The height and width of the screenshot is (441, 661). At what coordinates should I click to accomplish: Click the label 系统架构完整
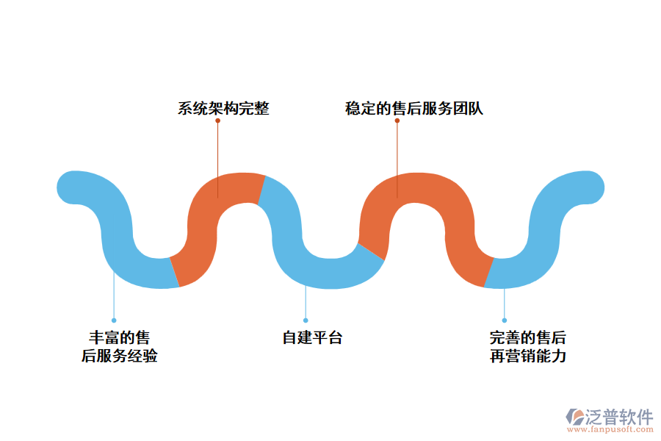click(223, 109)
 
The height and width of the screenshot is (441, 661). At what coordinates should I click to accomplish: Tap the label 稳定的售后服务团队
click(413, 109)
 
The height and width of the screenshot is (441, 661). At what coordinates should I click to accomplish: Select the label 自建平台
click(312, 338)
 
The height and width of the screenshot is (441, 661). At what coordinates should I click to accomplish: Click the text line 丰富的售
click(119, 338)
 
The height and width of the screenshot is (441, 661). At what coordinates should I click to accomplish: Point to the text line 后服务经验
click(119, 356)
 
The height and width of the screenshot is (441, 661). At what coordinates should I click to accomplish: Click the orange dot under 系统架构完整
click(218, 121)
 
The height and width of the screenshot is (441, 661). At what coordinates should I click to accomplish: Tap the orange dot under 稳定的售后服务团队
click(397, 121)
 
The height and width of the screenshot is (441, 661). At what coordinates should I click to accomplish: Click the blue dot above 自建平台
click(306, 320)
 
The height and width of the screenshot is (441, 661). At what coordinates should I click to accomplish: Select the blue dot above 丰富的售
click(114, 320)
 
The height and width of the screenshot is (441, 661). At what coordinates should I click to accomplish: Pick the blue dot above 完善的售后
click(505, 320)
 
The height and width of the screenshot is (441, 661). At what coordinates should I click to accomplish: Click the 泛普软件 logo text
click(618, 417)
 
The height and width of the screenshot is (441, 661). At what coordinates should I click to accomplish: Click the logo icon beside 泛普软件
click(574, 417)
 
